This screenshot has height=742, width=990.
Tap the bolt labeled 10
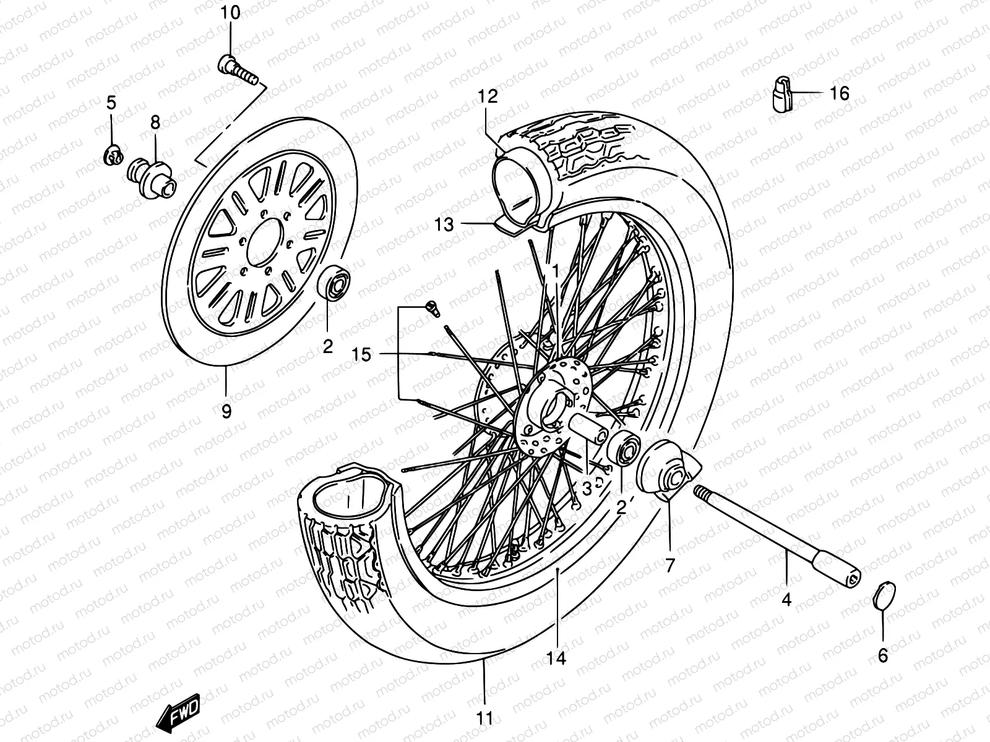(x=238, y=69)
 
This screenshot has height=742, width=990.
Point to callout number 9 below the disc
(x=226, y=411)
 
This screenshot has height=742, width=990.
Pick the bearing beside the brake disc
(x=335, y=281)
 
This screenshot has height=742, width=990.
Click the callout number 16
(x=840, y=93)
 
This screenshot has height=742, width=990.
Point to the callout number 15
(x=361, y=354)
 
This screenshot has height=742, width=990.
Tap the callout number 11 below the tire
(x=485, y=719)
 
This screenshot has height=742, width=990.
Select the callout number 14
(x=556, y=659)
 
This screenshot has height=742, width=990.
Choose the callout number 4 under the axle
(x=786, y=599)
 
